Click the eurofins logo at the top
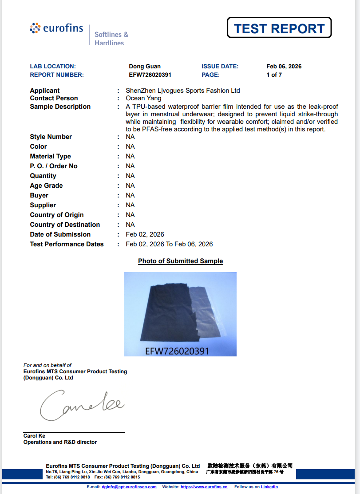click(56, 29)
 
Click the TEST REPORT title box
click(279, 28)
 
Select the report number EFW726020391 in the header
click(150, 75)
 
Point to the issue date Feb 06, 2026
click(284, 67)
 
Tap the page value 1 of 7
click(274, 75)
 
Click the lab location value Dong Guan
click(145, 67)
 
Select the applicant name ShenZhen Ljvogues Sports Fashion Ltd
click(182, 91)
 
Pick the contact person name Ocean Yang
click(143, 98)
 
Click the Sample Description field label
click(60, 107)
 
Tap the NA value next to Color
click(130, 146)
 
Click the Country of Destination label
click(65, 225)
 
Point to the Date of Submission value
click(145, 234)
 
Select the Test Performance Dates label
click(67, 244)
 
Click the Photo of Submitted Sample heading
click(180, 261)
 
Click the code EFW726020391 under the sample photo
click(177, 351)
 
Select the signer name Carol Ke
click(34, 436)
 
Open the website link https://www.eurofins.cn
click(204, 487)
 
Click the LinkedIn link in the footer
click(269, 487)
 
